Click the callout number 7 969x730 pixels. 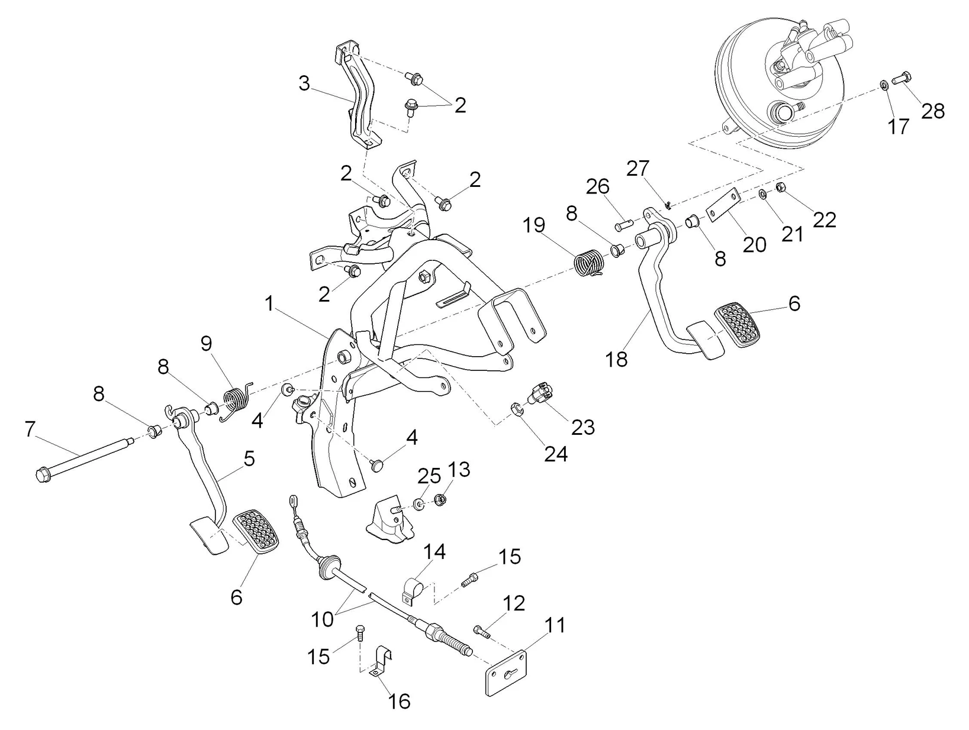30,429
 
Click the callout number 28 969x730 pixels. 933,111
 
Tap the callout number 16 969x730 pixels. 399,701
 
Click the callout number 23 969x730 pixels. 583,427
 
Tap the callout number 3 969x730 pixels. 304,84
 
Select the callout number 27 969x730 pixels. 638,169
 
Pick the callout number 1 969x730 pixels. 270,305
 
